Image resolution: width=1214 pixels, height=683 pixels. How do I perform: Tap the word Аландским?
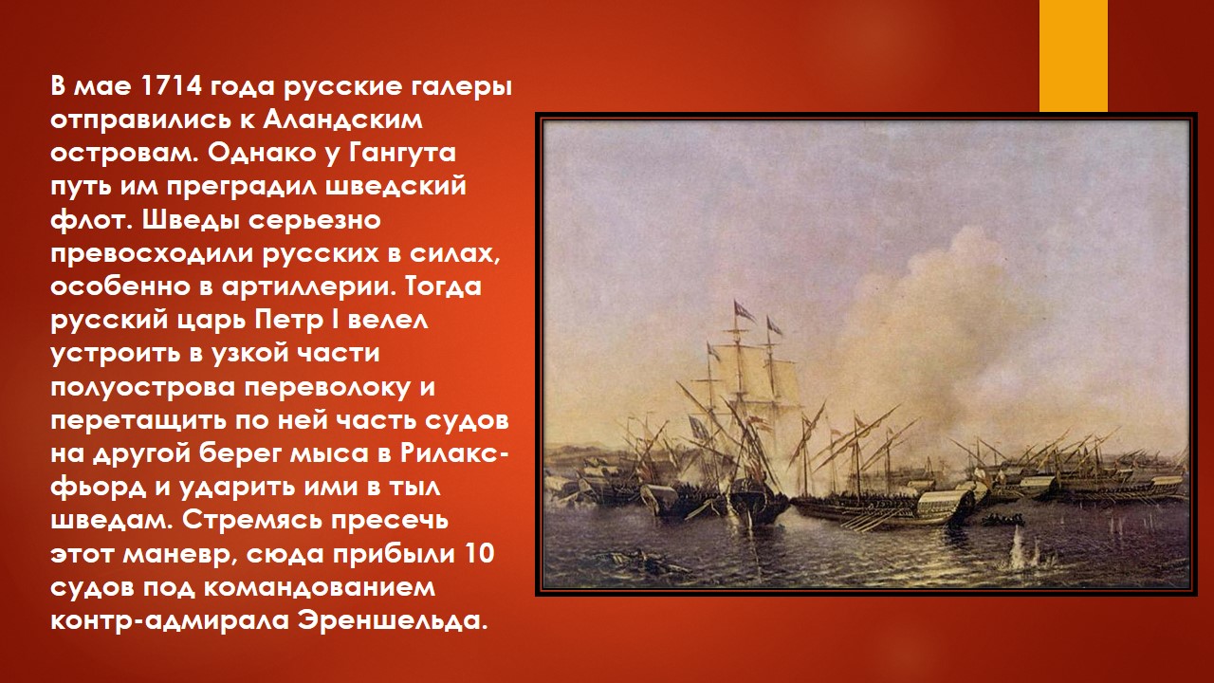(343, 120)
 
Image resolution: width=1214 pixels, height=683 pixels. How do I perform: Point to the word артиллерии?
(306, 287)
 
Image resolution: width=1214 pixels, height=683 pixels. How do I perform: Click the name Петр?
(286, 321)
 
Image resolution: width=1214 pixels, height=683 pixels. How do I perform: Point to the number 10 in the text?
(479, 554)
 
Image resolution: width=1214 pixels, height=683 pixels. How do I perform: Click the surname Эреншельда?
(389, 621)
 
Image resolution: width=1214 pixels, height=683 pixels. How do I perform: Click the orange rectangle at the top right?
(1073, 56)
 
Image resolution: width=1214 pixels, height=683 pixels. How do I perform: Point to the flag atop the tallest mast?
(745, 310)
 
